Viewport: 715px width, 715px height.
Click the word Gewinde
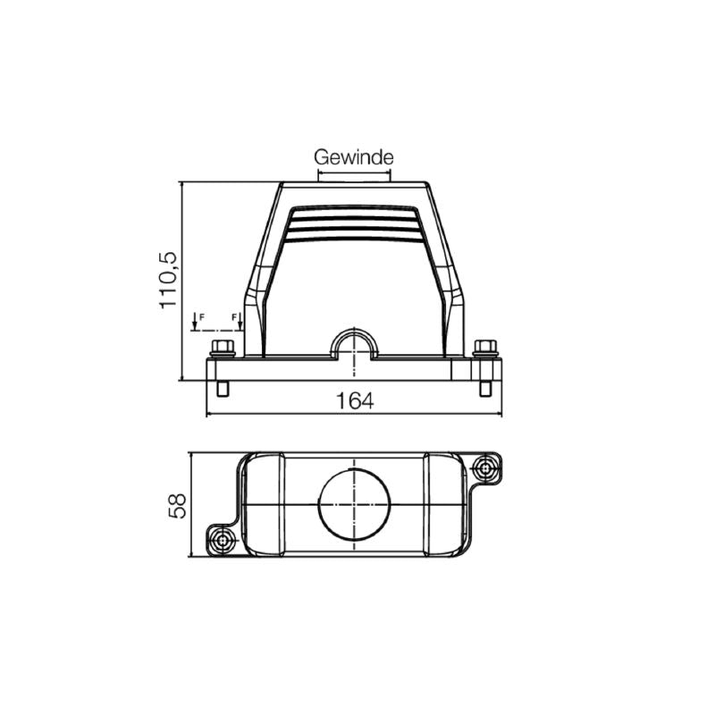tap(354, 157)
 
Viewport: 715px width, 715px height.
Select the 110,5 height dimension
tap(169, 281)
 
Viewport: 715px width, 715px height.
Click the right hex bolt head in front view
tap(485, 347)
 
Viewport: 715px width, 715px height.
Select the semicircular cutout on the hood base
tap(355, 344)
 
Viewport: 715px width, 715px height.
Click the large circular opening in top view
tap(355, 505)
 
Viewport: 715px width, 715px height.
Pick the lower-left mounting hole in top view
tap(223, 540)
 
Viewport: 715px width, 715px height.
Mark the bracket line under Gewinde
tap(355, 173)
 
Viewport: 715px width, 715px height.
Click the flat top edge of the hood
tap(354, 184)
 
